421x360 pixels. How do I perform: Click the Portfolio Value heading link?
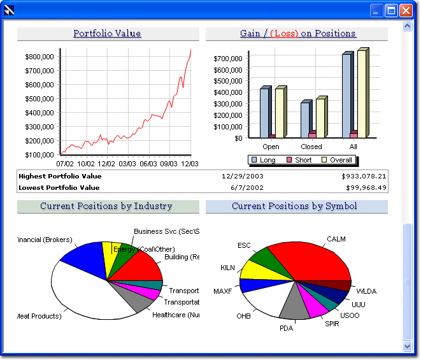click(107, 34)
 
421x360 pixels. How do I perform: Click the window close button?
click(406, 10)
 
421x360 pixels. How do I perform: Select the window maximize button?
click(391, 10)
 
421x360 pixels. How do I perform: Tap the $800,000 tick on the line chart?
click(39, 57)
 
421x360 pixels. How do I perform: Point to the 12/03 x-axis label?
click(189, 164)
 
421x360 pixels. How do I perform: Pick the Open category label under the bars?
click(271, 147)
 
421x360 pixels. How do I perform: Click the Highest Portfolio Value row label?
click(60, 176)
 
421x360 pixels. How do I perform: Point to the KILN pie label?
click(227, 268)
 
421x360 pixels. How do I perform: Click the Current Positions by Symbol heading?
click(294, 206)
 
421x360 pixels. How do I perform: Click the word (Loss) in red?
click(284, 34)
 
